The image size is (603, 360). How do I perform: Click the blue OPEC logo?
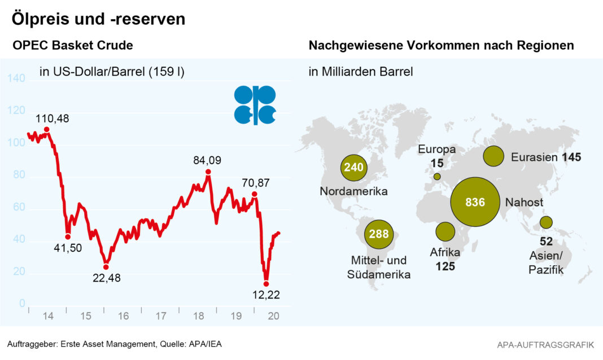click(x=255, y=105)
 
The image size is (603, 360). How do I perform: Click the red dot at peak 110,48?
click(x=47, y=130)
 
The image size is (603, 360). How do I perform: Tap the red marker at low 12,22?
click(x=266, y=284)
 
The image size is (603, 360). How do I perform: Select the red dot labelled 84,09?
click(x=208, y=172)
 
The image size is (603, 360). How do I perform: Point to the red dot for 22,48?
click(x=106, y=267)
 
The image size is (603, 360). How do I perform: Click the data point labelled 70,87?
click(x=255, y=194)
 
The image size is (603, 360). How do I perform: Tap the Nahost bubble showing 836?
click(x=475, y=202)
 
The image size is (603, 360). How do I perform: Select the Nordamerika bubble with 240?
click(x=354, y=168)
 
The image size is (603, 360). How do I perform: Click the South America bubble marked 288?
click(x=379, y=233)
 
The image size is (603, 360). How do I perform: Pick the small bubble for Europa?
click(x=437, y=177)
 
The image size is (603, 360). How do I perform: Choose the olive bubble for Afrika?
click(x=445, y=231)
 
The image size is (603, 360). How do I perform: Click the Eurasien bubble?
click(x=493, y=156)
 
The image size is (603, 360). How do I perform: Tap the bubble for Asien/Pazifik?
click(x=546, y=222)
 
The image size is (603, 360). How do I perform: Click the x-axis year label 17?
click(x=161, y=317)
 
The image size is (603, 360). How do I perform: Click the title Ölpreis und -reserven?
click(x=99, y=19)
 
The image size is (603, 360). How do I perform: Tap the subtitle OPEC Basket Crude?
click(x=73, y=46)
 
